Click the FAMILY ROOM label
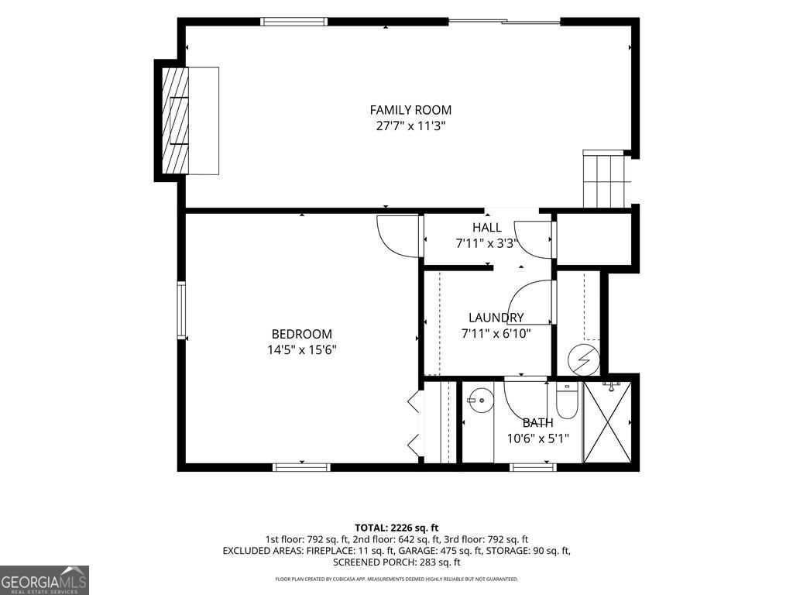click(x=410, y=110)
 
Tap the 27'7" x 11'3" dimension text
click(x=410, y=126)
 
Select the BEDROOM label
click(x=302, y=334)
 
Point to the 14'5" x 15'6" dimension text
click(x=302, y=349)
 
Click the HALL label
click(x=487, y=228)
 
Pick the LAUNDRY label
click(x=496, y=318)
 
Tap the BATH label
click(x=537, y=422)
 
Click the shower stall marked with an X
click(x=607, y=422)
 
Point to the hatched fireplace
click(x=175, y=120)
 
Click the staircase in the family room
click(x=604, y=179)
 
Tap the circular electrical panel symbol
click(x=584, y=359)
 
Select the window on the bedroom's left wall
click(x=181, y=310)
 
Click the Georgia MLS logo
click(x=44, y=580)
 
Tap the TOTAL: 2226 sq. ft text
click(x=396, y=528)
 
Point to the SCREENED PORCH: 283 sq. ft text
click(x=396, y=562)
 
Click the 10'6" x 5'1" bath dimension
click(x=538, y=439)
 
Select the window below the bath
click(x=534, y=467)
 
